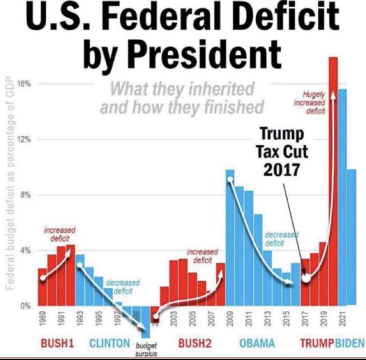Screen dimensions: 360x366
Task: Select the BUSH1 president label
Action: (57, 343)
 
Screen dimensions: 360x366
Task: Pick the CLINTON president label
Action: (109, 343)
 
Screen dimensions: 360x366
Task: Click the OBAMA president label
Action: (257, 343)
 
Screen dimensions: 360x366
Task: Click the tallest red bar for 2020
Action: (333, 182)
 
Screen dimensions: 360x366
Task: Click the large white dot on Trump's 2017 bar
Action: (306, 278)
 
